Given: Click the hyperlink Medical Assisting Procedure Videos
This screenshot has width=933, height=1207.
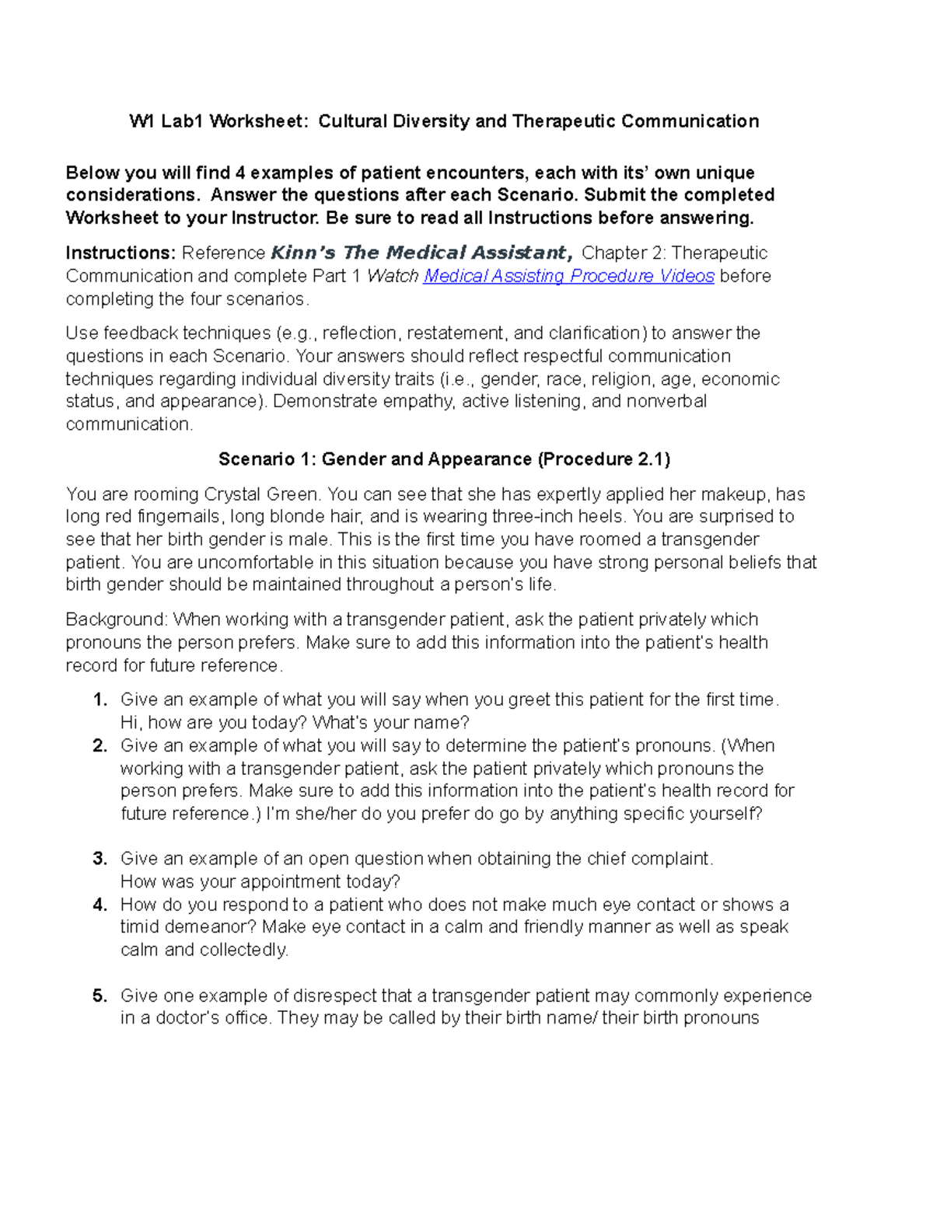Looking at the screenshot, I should [x=568, y=276].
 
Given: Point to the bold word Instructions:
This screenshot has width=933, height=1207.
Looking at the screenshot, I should [x=121, y=253].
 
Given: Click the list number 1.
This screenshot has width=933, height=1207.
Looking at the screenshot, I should [x=100, y=700].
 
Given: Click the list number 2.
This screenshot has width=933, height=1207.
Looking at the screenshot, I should [x=100, y=746].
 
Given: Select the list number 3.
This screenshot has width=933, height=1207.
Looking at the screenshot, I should [x=100, y=859].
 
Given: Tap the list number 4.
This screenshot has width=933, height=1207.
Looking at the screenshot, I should [x=100, y=905].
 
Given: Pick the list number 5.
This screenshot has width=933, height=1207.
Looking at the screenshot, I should [x=100, y=996].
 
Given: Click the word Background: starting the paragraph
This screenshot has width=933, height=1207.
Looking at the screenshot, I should [x=117, y=619].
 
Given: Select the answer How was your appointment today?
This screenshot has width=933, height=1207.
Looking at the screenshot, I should [x=260, y=881].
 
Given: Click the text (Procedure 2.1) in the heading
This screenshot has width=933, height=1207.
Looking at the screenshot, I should [x=603, y=459].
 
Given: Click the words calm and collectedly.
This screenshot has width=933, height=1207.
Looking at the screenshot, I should [x=204, y=950].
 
